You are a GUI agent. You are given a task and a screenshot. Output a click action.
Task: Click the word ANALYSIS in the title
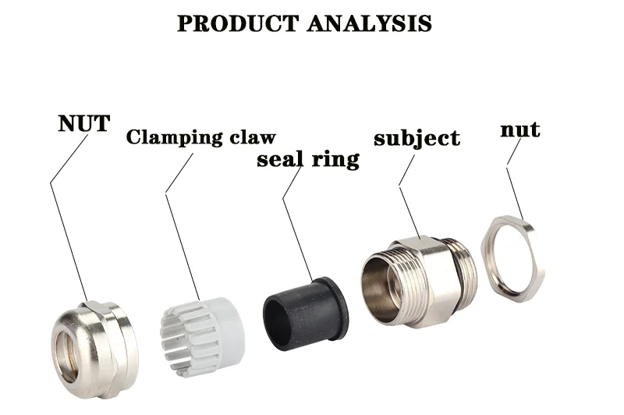click(368, 23)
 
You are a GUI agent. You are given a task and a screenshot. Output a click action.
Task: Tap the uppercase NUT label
click(83, 123)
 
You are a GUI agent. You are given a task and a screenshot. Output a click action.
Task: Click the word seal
click(281, 160)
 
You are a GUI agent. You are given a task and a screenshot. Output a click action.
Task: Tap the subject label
click(417, 140)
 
